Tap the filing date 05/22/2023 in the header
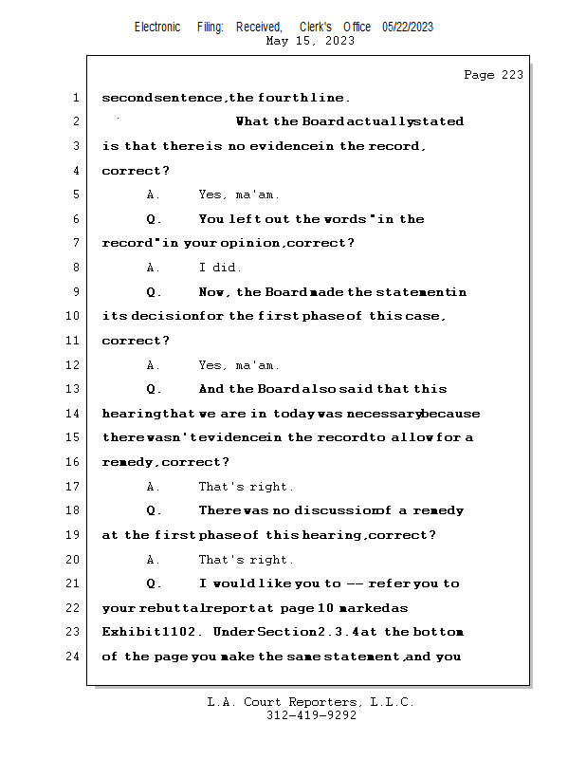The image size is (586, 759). (x=408, y=27)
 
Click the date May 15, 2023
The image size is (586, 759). (x=311, y=41)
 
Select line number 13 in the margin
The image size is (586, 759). (x=75, y=389)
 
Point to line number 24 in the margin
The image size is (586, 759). (x=75, y=657)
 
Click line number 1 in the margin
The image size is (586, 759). (x=75, y=98)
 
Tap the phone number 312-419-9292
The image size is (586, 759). (x=311, y=715)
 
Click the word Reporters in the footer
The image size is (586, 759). (x=320, y=702)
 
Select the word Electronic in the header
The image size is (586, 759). (x=157, y=27)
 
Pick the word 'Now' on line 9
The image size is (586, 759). (x=214, y=292)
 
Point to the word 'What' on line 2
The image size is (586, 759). (x=252, y=121)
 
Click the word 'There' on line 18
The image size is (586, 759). (x=219, y=510)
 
